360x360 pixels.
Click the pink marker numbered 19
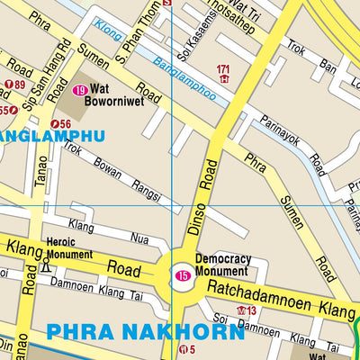(x=81, y=90)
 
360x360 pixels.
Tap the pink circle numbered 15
(x=183, y=275)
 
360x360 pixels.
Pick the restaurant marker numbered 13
(x=246, y=311)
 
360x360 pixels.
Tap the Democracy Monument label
(x=222, y=264)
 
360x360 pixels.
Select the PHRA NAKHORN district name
(x=145, y=331)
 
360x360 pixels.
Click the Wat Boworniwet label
(x=109, y=96)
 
